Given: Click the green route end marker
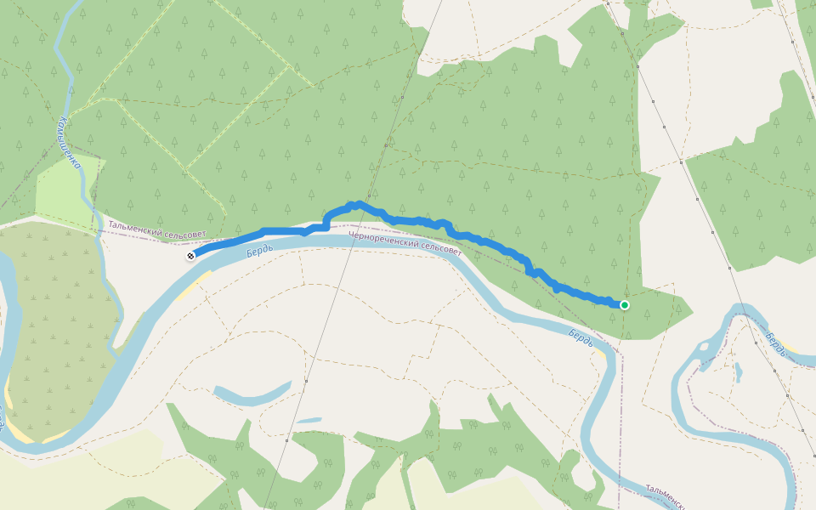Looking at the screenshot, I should pyautogui.click(x=625, y=304).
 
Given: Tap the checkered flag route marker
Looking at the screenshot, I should pyautogui.click(x=190, y=256).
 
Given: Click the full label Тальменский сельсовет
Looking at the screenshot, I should pyautogui.click(x=157, y=231).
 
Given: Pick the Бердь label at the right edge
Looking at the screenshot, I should pyautogui.click(x=775, y=343).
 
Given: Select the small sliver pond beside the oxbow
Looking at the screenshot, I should pyautogui.click(x=309, y=420).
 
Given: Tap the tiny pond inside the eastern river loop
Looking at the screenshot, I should pyautogui.click(x=738, y=371).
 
